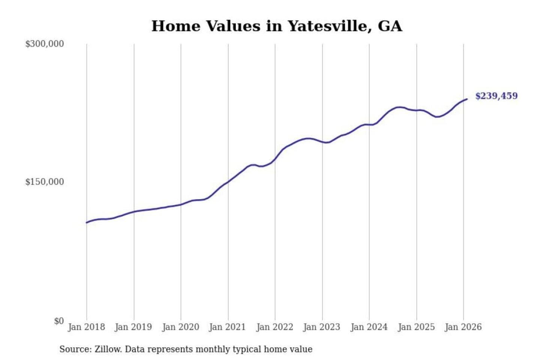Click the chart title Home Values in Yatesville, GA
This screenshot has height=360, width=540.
pos(277,26)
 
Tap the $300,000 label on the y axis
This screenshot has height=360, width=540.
pos(44,44)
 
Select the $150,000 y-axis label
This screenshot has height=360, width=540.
pos(44,182)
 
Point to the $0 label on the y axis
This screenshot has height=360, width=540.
pos(59,321)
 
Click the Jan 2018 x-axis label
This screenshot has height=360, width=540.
pos(86,327)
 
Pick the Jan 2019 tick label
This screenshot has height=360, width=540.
pos(133,327)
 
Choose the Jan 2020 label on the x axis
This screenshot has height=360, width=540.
pos(180,327)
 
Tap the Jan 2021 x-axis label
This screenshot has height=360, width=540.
pos(227,327)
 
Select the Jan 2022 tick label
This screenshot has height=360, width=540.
pos(274,327)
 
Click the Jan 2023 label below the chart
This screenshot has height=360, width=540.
pos(321,327)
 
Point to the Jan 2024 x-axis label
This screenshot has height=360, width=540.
pos(369,327)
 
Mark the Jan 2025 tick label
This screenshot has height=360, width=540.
pos(416,327)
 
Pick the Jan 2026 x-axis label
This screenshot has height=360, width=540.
pos(463,327)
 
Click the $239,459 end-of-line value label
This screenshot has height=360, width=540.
pos(496,96)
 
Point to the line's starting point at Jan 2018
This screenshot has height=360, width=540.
pos(87,223)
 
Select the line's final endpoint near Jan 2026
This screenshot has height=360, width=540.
pos(467,99)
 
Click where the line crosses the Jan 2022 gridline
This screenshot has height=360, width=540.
pos(275,159)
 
